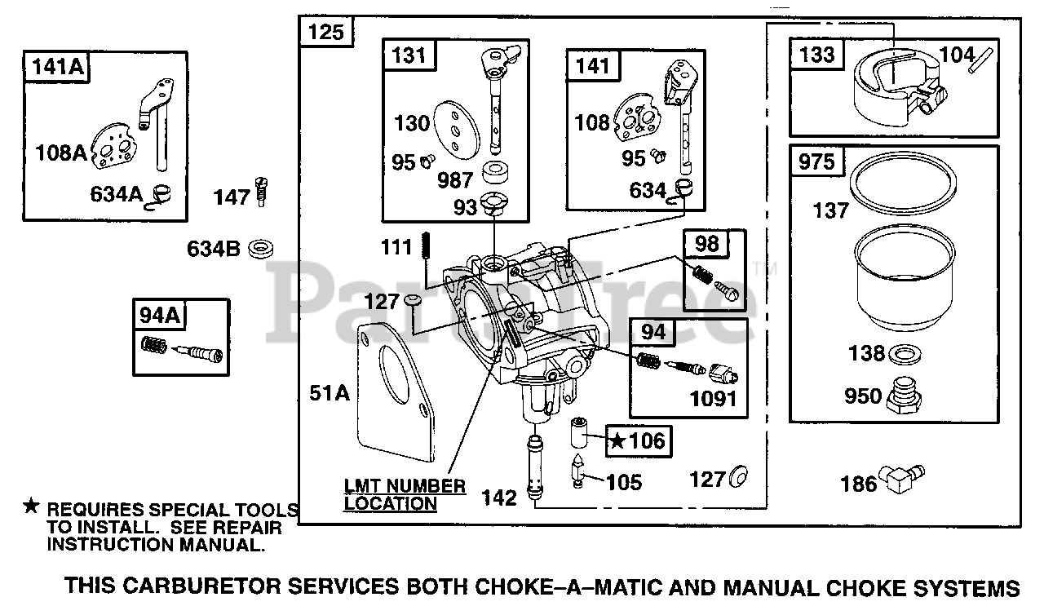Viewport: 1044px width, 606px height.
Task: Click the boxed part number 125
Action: click(x=328, y=33)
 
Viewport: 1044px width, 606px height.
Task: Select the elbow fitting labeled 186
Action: click(x=903, y=478)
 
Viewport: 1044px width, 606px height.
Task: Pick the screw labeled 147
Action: click(x=262, y=192)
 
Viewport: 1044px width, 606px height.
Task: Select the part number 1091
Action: click(x=713, y=399)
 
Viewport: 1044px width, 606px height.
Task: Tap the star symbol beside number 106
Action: click(x=619, y=441)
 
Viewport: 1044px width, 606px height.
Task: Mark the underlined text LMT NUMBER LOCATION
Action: click(x=405, y=495)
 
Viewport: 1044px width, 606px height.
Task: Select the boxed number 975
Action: click(x=817, y=161)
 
